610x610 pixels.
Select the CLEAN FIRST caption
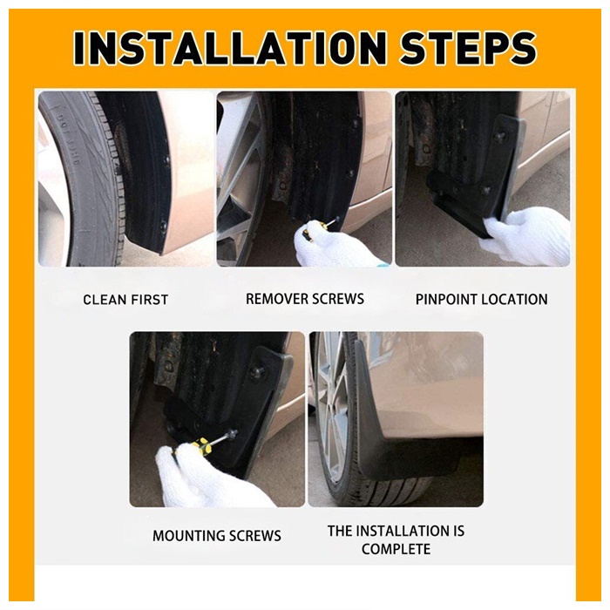(125, 300)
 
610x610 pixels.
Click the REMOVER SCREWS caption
(305, 299)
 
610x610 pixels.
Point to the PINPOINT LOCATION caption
(482, 299)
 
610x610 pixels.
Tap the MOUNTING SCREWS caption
(217, 536)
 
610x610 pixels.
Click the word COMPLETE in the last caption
(396, 549)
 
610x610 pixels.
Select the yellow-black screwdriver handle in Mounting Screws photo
(196, 448)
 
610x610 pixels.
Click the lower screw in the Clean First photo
(164, 225)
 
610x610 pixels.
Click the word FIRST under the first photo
(149, 300)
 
